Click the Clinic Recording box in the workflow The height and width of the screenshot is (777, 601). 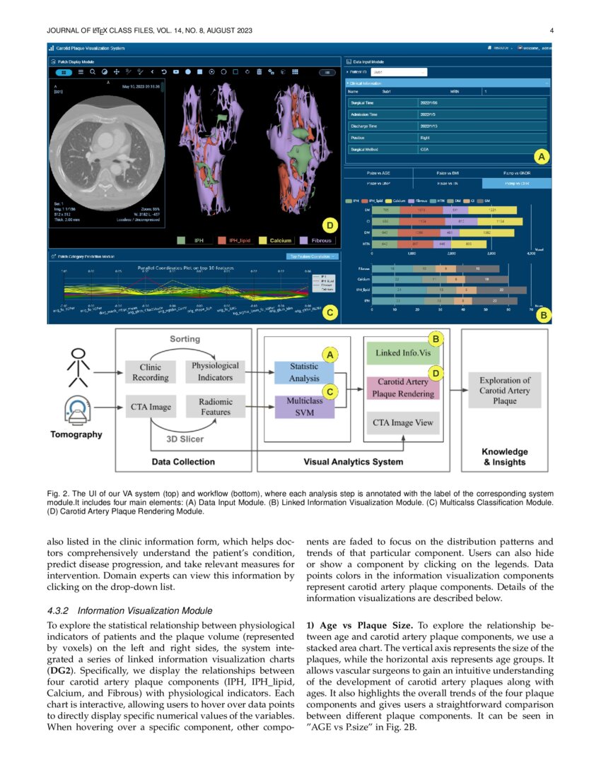151,372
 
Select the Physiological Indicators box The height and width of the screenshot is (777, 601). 215,372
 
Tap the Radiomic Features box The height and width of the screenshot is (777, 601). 215,407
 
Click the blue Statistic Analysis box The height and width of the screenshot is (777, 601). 304,372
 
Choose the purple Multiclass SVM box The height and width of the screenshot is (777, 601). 304,408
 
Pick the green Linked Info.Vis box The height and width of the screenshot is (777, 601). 402,352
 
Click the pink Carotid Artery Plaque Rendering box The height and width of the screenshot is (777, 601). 402,388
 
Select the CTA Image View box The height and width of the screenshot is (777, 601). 402,423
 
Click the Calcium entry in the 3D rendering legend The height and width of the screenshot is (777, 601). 275,241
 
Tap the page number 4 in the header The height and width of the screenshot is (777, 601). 551,30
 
